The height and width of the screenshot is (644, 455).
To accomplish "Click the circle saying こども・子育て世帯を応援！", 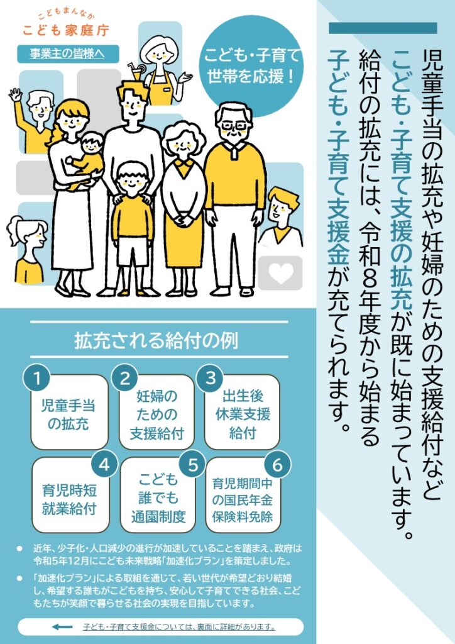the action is tap(251, 66).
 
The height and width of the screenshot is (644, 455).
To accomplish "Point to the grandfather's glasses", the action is tap(233, 125).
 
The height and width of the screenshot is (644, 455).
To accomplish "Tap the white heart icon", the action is tap(281, 273).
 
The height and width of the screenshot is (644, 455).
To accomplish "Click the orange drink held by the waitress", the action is tap(136, 73).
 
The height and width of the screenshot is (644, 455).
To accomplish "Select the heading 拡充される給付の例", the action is tap(156, 341).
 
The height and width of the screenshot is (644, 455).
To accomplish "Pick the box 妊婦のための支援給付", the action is tap(156, 412).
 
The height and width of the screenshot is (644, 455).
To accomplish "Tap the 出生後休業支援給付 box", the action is tap(242, 412).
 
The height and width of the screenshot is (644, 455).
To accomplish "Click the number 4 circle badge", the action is tap(104, 465).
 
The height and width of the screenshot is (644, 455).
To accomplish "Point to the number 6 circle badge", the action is tap(277, 465).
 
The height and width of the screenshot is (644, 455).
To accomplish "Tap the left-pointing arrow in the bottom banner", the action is tap(62, 627).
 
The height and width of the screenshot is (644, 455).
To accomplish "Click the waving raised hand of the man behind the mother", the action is tap(15, 96).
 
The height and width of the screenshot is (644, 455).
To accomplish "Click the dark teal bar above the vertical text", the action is tap(383, 28).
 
